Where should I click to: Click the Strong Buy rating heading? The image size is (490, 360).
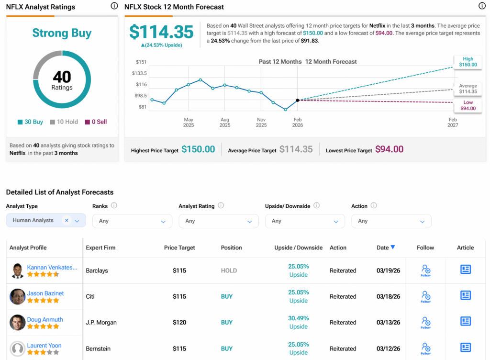pyautogui.click(x=62, y=33)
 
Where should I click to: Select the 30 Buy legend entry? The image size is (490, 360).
pyautogui.click(x=30, y=122)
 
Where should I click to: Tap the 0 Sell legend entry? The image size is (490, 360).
pyautogui.click(x=96, y=122)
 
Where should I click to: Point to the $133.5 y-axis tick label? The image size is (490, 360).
pyautogui.click(x=139, y=73)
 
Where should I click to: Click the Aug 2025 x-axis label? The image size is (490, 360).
pyautogui.click(x=225, y=122)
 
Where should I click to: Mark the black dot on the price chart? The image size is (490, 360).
pyautogui.click(x=298, y=101)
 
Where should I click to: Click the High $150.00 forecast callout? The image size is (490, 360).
pyautogui.click(x=468, y=62)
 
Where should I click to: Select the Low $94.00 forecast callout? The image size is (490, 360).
pyautogui.click(x=468, y=105)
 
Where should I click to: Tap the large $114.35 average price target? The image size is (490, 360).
pyautogui.click(x=162, y=32)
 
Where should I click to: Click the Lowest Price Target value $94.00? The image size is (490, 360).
pyautogui.click(x=390, y=149)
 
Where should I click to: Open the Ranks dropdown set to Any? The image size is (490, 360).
pyautogui.click(x=132, y=221)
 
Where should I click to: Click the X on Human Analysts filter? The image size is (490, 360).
pyautogui.click(x=67, y=220)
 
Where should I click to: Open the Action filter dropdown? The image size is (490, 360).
pyautogui.click(x=391, y=221)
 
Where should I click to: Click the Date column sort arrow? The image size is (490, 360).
pyautogui.click(x=393, y=247)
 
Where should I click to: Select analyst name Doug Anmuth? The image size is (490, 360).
pyautogui.click(x=45, y=319)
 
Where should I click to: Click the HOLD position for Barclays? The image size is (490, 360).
pyautogui.click(x=229, y=270)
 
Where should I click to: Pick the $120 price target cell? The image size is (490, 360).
pyautogui.click(x=179, y=323)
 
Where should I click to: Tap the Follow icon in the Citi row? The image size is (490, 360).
pyautogui.click(x=425, y=296)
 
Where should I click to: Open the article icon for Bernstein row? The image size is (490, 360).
pyautogui.click(x=466, y=347)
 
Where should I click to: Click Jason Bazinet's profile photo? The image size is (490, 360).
pyautogui.click(x=18, y=296)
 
